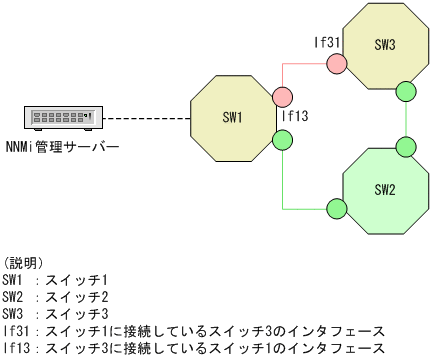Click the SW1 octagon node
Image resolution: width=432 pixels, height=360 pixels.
pyautogui.click(x=233, y=118)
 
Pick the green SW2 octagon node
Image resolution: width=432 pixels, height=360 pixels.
pyautogui.click(x=386, y=189)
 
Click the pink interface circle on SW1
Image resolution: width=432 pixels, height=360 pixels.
pyautogui.click(x=282, y=97)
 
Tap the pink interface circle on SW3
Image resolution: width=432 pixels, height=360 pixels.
pyautogui.click(x=337, y=65)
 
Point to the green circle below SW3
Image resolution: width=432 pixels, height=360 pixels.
pyautogui.click(x=405, y=92)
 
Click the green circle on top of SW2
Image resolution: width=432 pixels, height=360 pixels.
pyautogui.click(x=405, y=147)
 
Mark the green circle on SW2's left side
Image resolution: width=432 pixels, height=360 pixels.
pyautogui.click(x=337, y=208)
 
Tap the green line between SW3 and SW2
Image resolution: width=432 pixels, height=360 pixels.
pyautogui.click(x=405, y=120)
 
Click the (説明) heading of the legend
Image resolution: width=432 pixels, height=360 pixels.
pyautogui.click(x=24, y=261)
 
